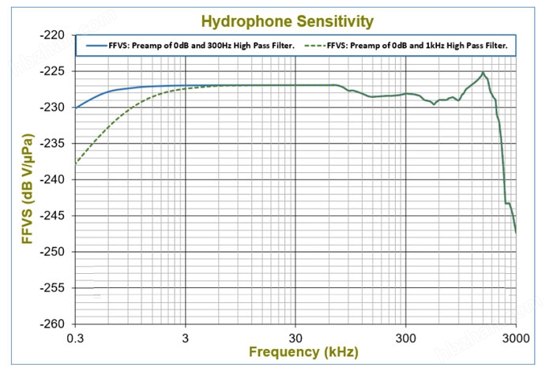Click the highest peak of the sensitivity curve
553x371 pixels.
pos(483,73)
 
